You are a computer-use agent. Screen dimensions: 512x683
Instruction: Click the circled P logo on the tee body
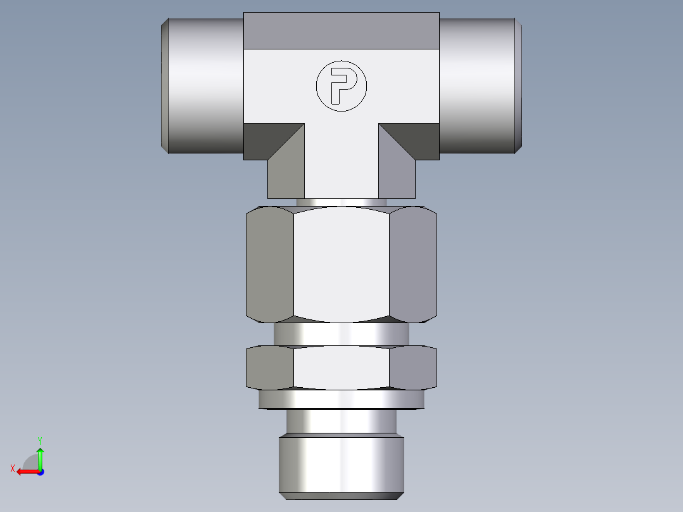click(341, 86)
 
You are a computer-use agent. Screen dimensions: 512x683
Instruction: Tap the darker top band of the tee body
click(341, 31)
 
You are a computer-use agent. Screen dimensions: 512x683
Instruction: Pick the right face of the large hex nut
click(413, 265)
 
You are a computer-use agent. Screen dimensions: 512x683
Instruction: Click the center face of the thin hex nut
click(341, 368)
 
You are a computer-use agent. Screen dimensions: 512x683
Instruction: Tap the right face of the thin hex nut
click(413, 368)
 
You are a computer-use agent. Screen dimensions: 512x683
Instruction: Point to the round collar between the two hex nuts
click(341, 334)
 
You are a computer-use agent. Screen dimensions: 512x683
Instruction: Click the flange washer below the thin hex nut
click(341, 399)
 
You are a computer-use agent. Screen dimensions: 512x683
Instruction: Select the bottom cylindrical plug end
click(341, 463)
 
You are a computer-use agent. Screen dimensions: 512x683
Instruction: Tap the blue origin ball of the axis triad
click(40, 471)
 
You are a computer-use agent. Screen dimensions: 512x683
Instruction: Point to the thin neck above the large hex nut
click(341, 202)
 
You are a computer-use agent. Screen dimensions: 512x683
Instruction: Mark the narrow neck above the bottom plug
click(341, 421)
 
